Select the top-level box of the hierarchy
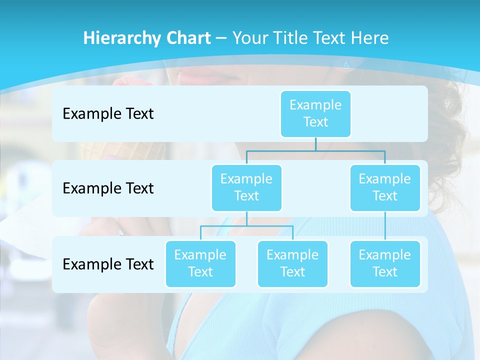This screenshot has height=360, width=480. click(x=315, y=114)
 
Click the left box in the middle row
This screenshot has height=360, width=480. click(x=246, y=188)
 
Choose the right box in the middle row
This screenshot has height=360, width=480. click(x=385, y=188)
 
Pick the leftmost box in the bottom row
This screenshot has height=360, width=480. click(x=200, y=264)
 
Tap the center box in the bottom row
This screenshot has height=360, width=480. click(x=292, y=264)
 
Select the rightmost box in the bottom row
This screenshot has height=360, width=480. click(x=385, y=264)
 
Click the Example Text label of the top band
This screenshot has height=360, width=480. click(x=108, y=114)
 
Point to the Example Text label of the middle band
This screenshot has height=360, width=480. click(x=108, y=188)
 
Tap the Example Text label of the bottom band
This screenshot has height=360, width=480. click(x=108, y=264)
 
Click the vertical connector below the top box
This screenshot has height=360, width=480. click(x=315, y=144)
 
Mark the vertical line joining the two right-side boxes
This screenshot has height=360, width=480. click(x=385, y=226)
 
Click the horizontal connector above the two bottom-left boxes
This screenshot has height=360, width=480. click(x=246, y=226)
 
